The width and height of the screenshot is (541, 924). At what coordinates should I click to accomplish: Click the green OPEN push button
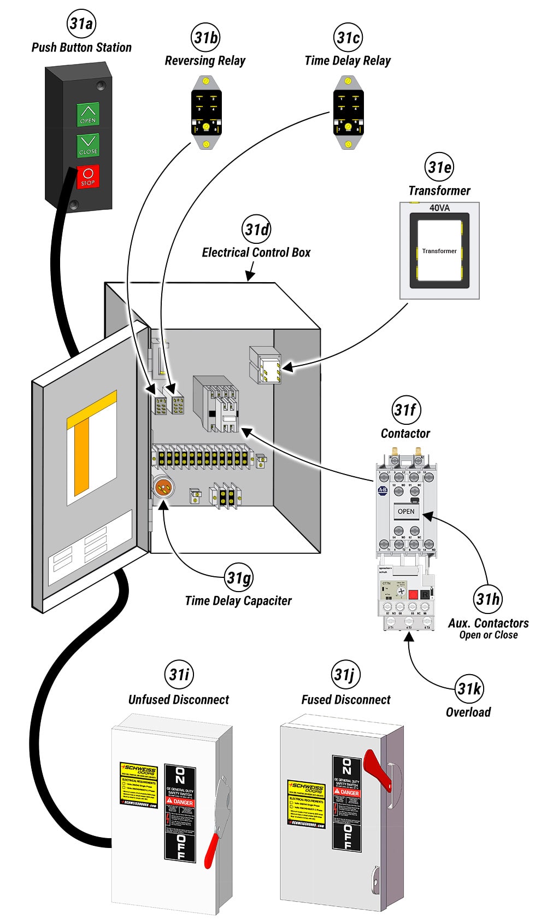point(88,114)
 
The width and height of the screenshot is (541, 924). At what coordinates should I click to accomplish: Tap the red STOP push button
point(88,177)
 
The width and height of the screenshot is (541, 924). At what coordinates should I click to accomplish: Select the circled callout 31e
point(439,167)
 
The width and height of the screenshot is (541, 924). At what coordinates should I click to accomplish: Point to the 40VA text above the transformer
point(439,208)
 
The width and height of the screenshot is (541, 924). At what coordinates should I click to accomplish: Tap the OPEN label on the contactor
point(406,511)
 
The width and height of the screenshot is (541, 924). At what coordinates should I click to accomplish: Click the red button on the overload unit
point(414,594)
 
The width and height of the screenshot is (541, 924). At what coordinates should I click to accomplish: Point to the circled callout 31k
point(469,689)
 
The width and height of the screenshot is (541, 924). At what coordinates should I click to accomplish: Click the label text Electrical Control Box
point(256,253)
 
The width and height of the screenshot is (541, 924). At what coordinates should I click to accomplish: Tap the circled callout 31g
point(239,577)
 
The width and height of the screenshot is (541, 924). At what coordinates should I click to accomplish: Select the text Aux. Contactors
point(488,623)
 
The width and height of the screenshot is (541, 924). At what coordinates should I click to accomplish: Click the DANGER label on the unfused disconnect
point(181,802)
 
